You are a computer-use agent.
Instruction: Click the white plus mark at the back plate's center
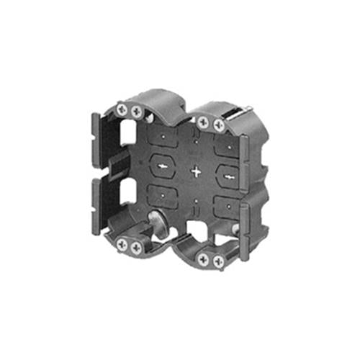196,172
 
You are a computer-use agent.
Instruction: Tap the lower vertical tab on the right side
245,230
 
